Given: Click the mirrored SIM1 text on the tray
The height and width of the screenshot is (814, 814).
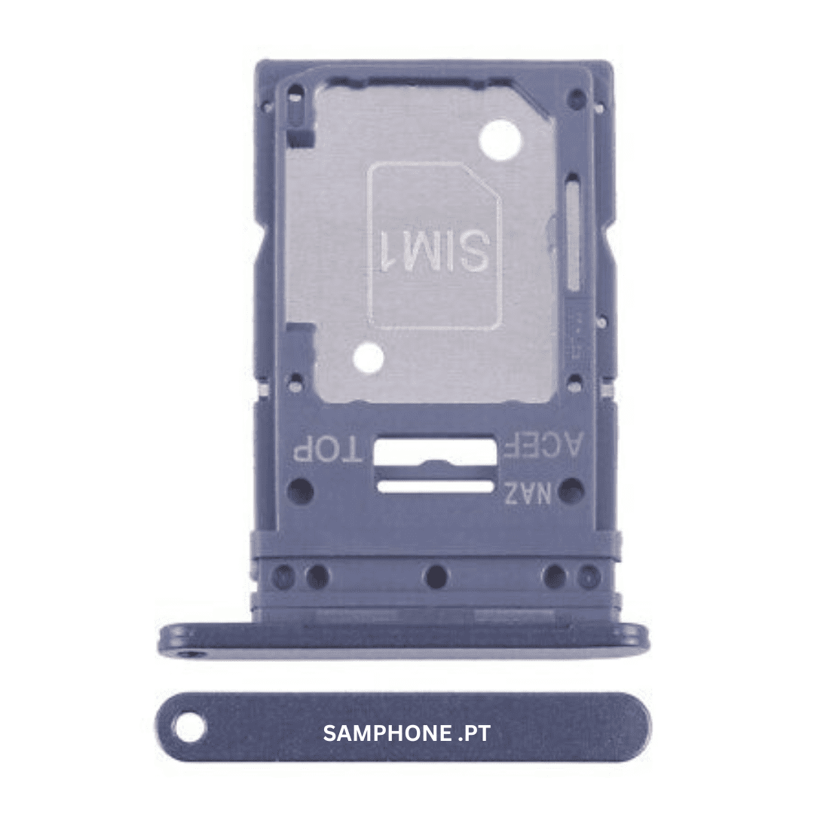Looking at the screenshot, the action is [435, 250].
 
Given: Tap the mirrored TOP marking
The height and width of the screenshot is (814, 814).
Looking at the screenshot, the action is [328, 449].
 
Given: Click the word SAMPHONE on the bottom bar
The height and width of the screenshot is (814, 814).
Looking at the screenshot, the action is [387, 733].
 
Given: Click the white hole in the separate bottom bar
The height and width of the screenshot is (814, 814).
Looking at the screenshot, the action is [190, 727].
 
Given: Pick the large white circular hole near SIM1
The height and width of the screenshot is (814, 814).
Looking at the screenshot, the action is [500, 140].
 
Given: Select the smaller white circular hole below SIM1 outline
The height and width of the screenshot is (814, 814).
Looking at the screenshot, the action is [368, 358].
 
